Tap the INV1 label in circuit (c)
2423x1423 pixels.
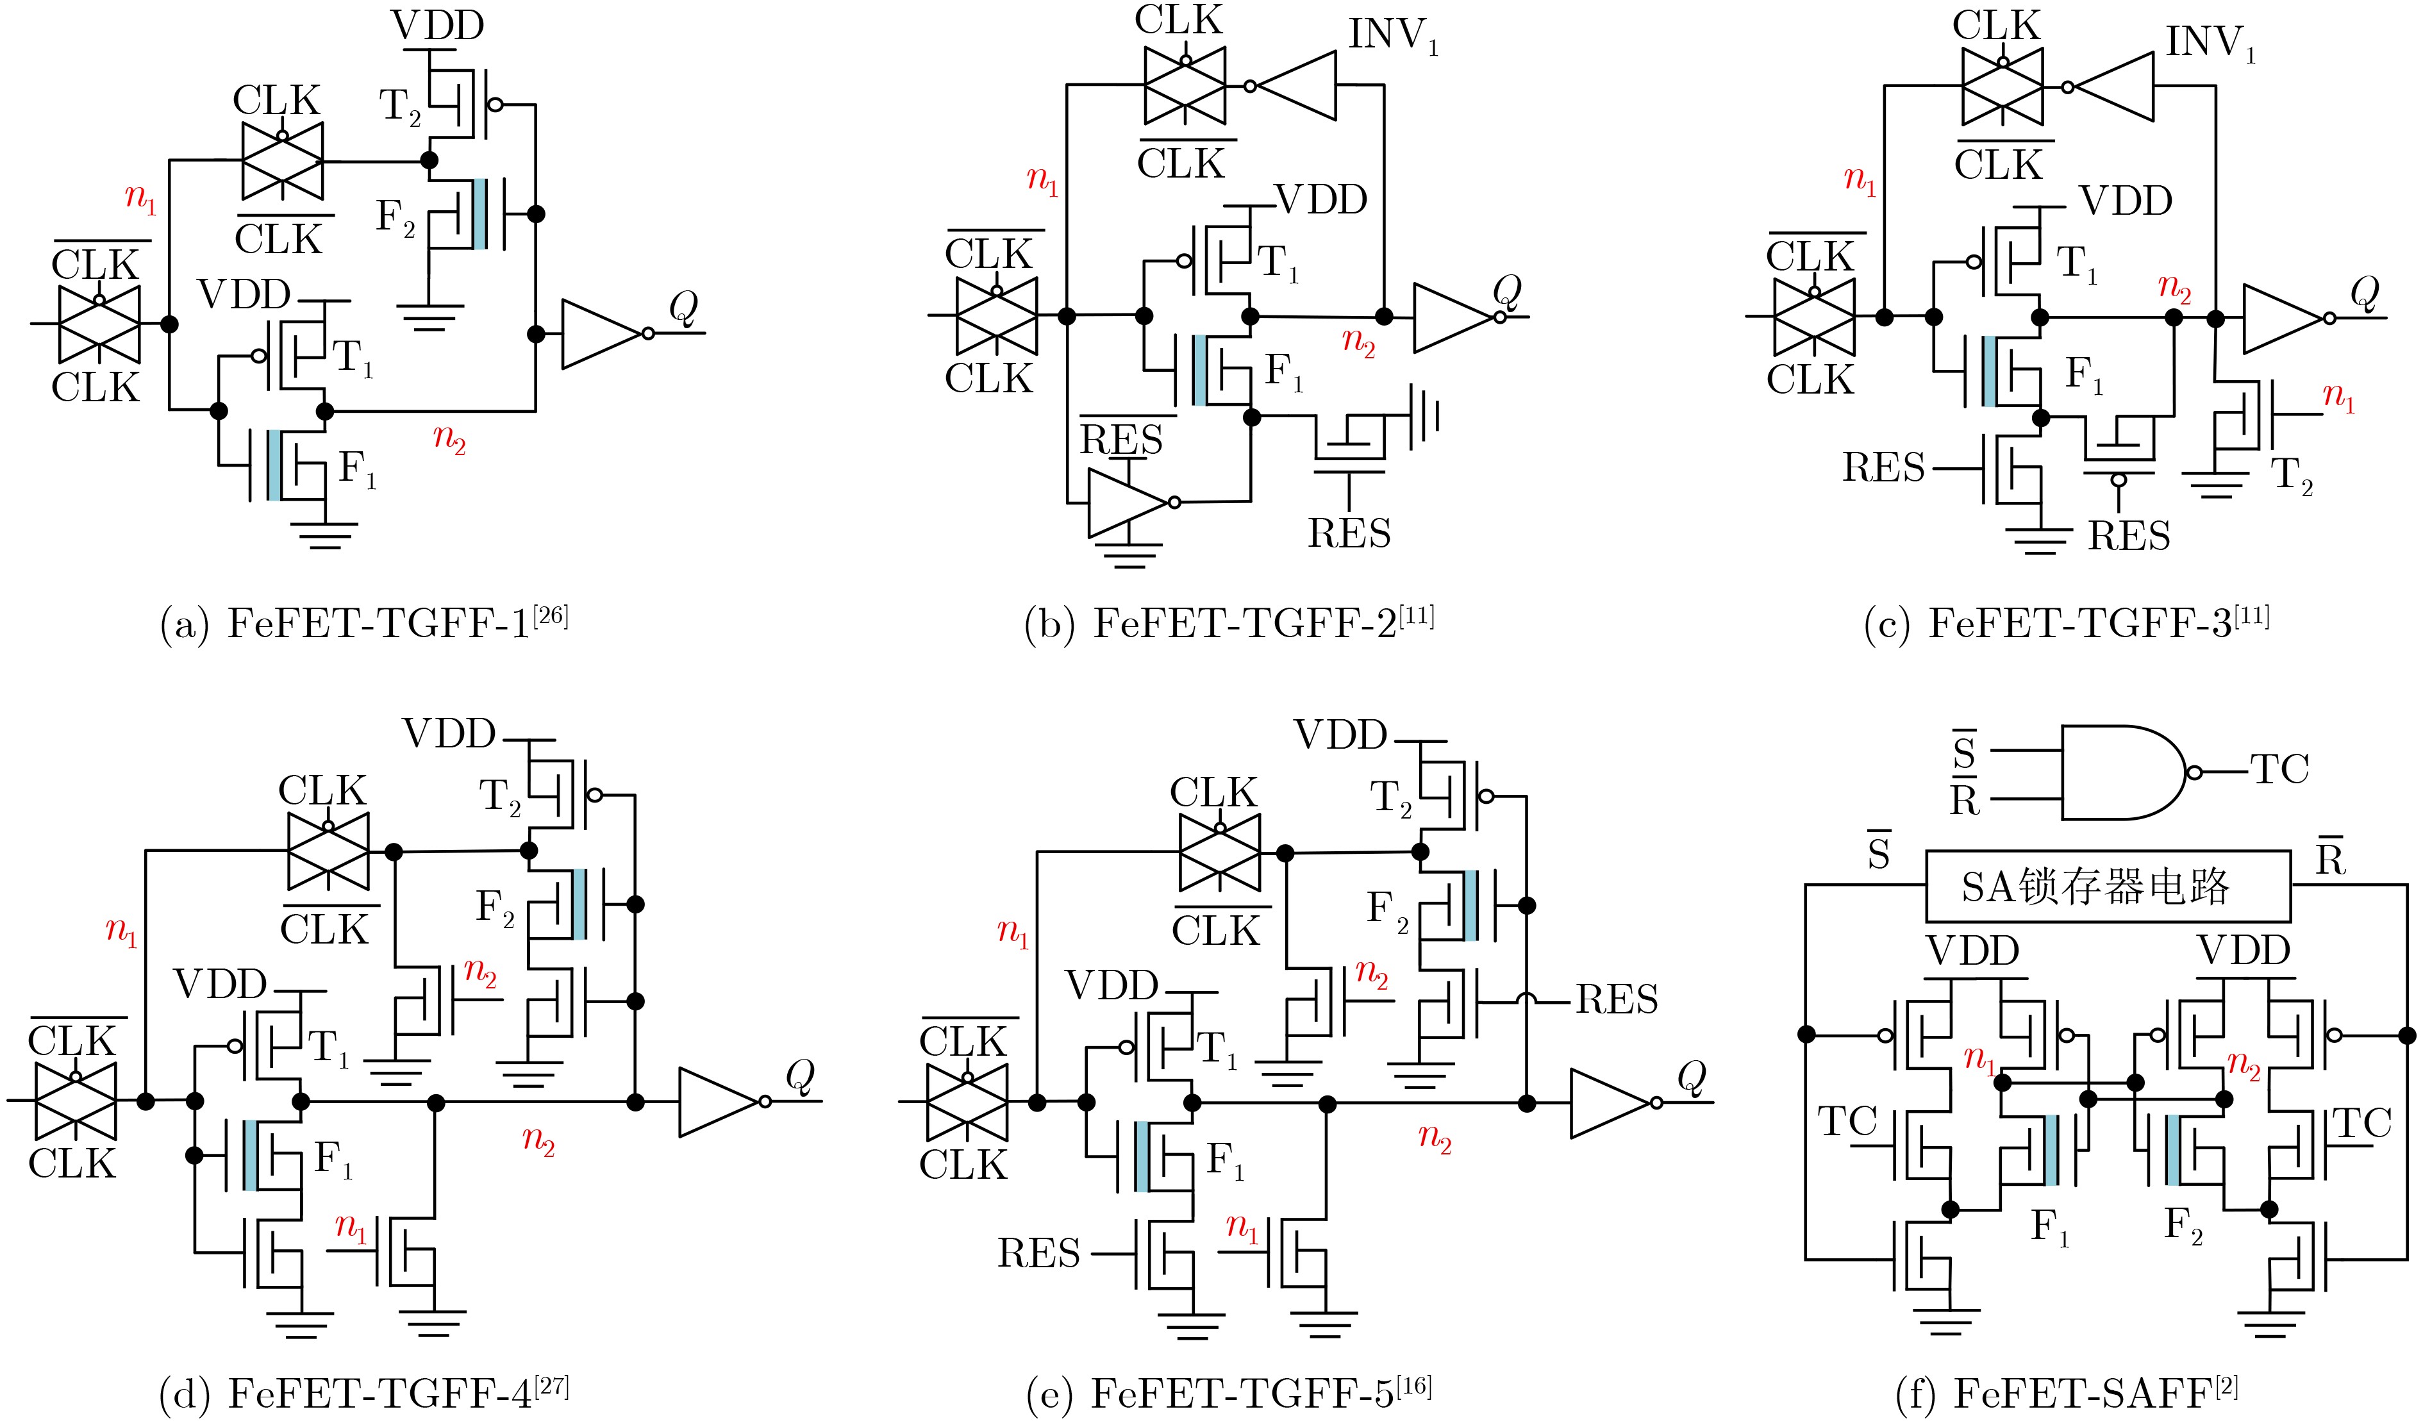point(2210,44)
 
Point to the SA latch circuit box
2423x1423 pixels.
point(2108,886)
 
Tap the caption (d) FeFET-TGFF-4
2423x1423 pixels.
point(364,1392)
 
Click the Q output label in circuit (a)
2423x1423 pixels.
point(683,308)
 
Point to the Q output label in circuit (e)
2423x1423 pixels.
point(1691,1077)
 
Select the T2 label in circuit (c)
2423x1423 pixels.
point(2291,476)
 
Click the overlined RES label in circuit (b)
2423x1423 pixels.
point(1121,436)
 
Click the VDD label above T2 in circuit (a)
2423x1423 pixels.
point(437,26)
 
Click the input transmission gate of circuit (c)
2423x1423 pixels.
point(1813,317)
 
